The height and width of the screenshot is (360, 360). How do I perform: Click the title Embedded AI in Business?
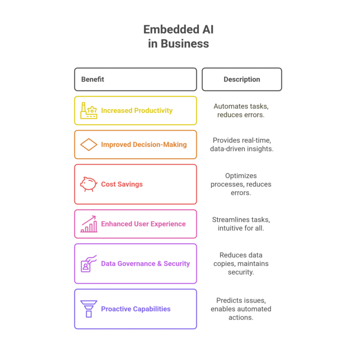coord(179,37)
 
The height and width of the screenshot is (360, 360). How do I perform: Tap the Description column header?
coord(242,79)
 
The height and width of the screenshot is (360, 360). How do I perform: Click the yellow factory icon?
coord(89,111)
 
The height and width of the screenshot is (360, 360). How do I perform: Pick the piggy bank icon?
coord(89,184)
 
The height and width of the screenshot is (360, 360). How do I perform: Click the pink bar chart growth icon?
coord(89,224)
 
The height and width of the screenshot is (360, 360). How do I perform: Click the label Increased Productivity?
coord(136,111)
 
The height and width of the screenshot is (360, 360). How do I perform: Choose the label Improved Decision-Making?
coord(144,144)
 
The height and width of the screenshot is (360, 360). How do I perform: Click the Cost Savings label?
coord(122,184)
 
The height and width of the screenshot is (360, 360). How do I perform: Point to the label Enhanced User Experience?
coord(143,224)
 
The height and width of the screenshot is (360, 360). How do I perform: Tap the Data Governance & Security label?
coord(145,263)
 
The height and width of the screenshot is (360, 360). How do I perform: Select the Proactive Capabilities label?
coord(135,309)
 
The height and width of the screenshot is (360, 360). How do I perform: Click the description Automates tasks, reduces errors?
coord(241,111)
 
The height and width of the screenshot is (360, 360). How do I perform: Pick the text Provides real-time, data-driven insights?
coord(242,144)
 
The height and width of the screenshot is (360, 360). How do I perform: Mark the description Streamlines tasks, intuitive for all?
coord(241,224)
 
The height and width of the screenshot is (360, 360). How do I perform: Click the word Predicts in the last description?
coord(229,300)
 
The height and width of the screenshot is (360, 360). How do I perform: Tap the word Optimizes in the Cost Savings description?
coord(241,176)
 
